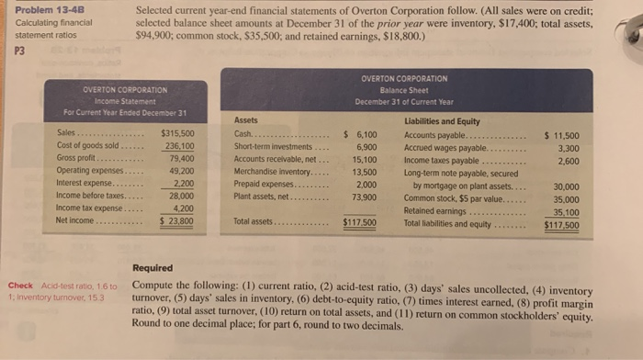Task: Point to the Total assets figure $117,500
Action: (359, 222)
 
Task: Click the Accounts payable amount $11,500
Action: (561, 134)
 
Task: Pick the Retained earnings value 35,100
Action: (565, 210)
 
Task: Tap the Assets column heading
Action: (247, 120)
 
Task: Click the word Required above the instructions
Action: (152, 268)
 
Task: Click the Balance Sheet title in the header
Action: (404, 91)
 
